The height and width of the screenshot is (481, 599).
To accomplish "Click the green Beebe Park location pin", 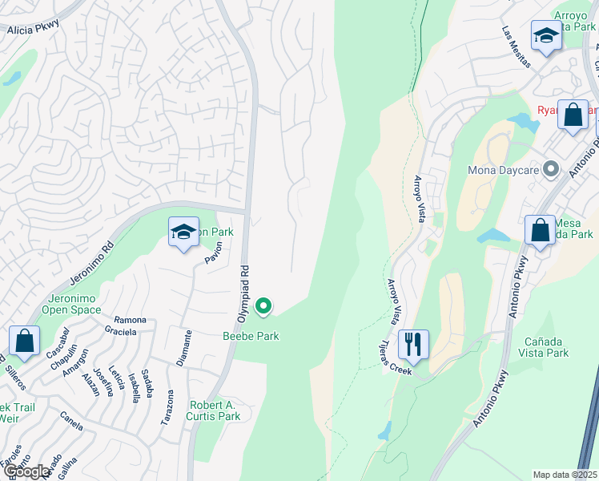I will click(263, 306).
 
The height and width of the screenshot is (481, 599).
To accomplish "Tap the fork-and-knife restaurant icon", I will click(413, 344).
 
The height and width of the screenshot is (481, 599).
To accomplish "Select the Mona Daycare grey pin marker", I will click(550, 170).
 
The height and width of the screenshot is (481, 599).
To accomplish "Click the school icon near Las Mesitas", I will click(546, 35).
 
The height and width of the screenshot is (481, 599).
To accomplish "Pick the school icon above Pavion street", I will click(183, 233).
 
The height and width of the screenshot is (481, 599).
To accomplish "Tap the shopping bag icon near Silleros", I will click(25, 340).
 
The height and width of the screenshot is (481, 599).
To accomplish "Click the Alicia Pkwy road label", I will click(34, 30).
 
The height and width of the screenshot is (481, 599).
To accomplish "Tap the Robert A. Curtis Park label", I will click(215, 410).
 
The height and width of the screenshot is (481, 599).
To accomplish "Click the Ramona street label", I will click(130, 319).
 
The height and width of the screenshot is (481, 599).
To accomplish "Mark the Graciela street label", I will click(120, 332).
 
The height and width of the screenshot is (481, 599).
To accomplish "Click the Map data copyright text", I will click(565, 475).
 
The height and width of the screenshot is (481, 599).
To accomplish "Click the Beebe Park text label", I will click(251, 336).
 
